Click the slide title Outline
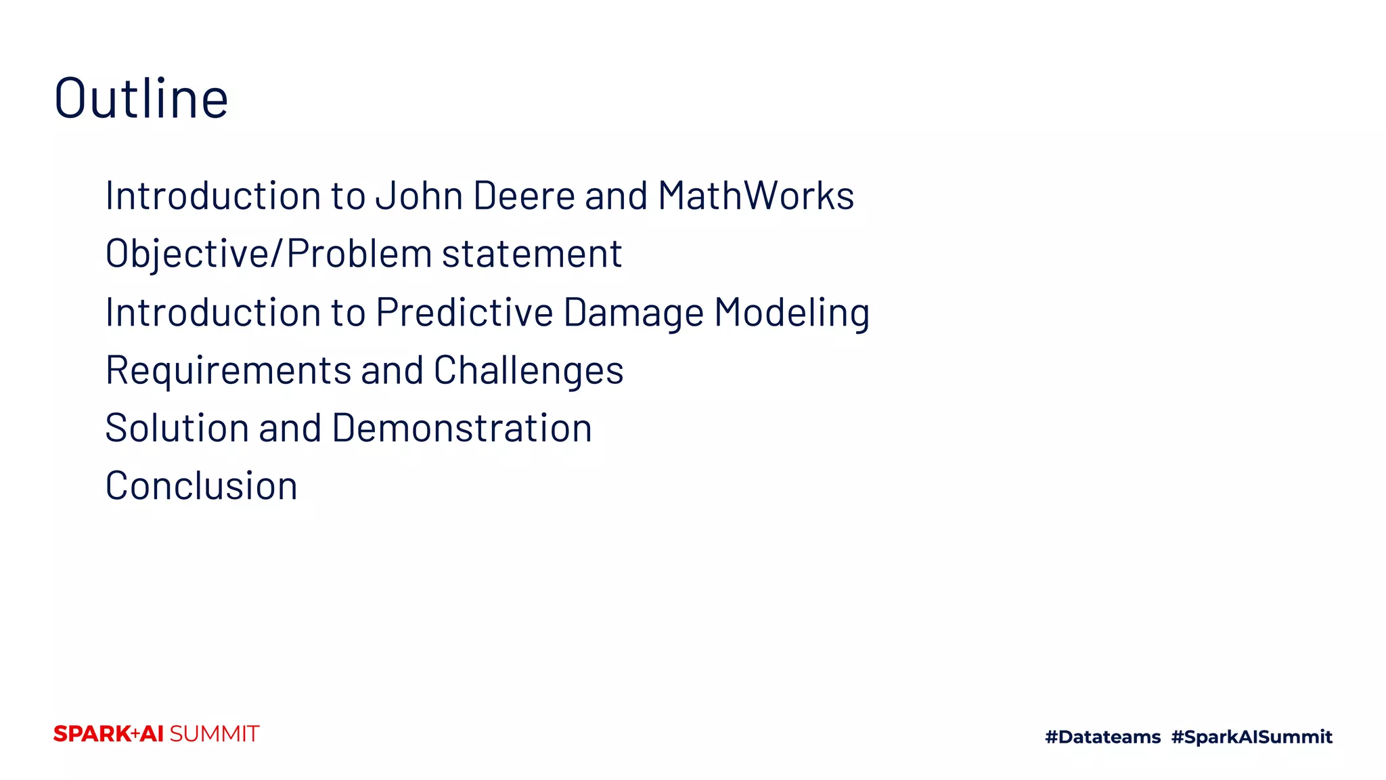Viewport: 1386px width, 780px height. click(141, 99)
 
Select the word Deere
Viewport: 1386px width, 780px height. click(524, 196)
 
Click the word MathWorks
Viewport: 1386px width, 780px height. click(756, 196)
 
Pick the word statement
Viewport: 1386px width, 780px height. click(532, 255)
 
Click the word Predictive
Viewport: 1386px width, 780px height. click(464, 313)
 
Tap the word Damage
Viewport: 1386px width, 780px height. click(633, 313)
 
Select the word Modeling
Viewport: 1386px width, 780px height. click(792, 313)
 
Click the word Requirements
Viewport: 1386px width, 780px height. click(228, 371)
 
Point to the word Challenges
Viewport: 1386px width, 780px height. click(529, 371)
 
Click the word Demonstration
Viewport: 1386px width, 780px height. click(462, 429)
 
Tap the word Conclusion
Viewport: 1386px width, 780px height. click(202, 486)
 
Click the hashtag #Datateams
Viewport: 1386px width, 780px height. click(1102, 737)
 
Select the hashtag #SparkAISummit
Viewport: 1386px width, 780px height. click(1251, 737)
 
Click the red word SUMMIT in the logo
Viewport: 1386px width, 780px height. click(214, 734)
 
